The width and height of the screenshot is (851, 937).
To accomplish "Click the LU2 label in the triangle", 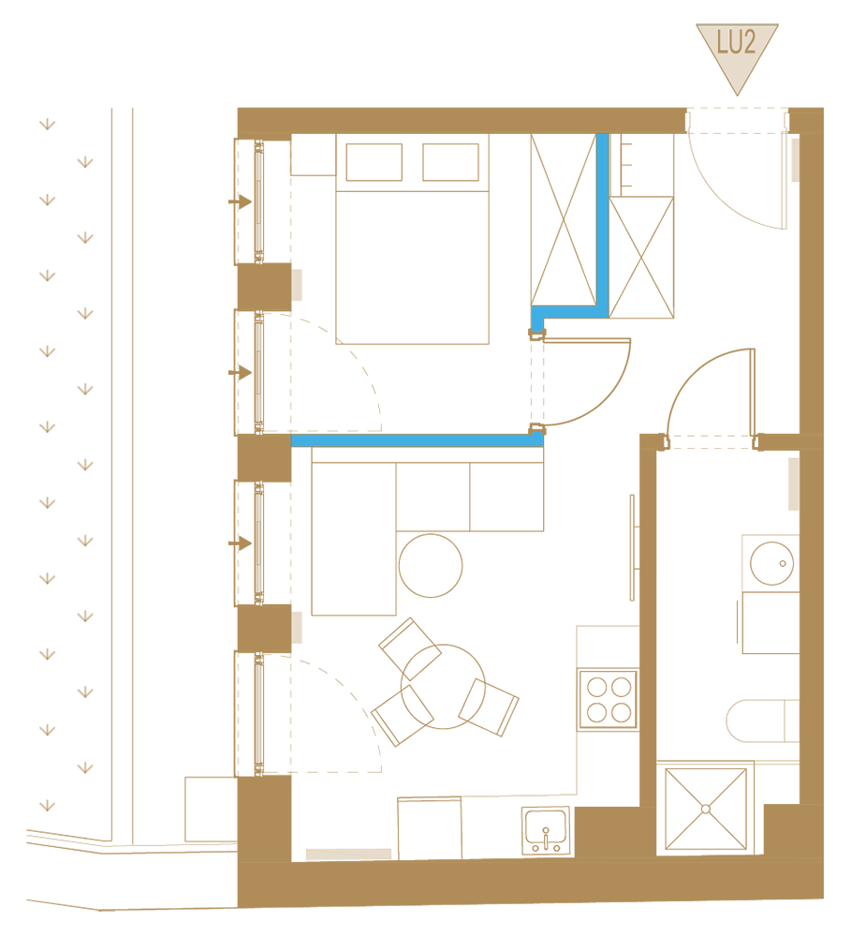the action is tap(736, 42).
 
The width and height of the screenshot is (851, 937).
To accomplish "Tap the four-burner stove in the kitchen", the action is tap(608, 700).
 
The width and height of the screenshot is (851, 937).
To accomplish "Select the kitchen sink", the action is tap(545, 830).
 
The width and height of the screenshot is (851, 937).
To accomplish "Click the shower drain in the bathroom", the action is tap(706, 810).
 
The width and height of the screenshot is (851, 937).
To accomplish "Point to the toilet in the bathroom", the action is tap(763, 721).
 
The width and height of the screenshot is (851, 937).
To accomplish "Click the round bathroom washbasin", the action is tap(771, 563).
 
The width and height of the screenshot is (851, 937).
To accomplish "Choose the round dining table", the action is tap(443, 687).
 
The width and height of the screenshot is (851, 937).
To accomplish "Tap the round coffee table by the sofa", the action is tap(431, 565).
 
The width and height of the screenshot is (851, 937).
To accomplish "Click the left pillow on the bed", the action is tap(374, 162).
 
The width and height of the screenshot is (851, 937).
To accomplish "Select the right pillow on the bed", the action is tap(451, 162).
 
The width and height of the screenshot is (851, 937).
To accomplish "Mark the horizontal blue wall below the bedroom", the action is tap(417, 440).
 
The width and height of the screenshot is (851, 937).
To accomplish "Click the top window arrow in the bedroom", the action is tap(240, 202).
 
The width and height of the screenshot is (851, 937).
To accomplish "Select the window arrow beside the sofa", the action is tap(240, 543).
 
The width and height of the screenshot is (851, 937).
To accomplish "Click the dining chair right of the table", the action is tap(489, 707).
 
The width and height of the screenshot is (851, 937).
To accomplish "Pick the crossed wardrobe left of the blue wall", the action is tap(564, 219).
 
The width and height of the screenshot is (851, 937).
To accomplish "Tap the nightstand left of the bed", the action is tap(314, 155).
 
